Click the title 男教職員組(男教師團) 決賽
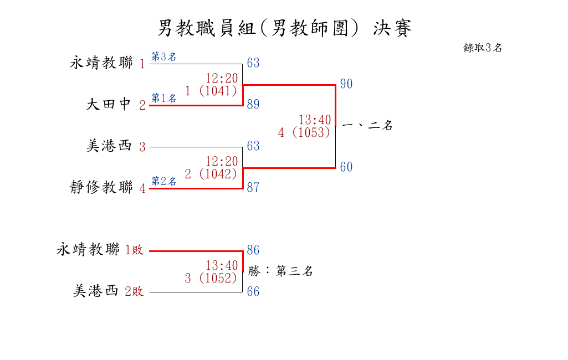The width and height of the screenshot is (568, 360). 284,28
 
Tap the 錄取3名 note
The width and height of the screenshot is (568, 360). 483,48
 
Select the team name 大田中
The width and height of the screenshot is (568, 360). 108,104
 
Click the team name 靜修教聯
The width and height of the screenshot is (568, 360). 101,187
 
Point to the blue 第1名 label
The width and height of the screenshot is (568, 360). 163,98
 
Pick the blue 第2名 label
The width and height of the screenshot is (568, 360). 163,181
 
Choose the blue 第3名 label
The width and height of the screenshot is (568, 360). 163,56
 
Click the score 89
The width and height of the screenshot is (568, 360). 253,104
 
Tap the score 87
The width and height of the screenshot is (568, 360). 253,187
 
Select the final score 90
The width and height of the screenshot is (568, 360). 346,84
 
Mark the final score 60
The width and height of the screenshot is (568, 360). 346,167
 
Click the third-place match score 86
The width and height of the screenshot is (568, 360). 253,250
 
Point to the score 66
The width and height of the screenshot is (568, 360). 253,291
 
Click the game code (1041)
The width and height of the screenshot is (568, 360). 218,91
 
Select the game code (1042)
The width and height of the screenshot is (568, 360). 218,174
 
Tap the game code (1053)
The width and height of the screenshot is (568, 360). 311,132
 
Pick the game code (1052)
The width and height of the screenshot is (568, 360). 218,278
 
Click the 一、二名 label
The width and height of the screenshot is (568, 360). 367,126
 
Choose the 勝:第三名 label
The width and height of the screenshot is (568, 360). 280,270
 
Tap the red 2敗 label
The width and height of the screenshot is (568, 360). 134,291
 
